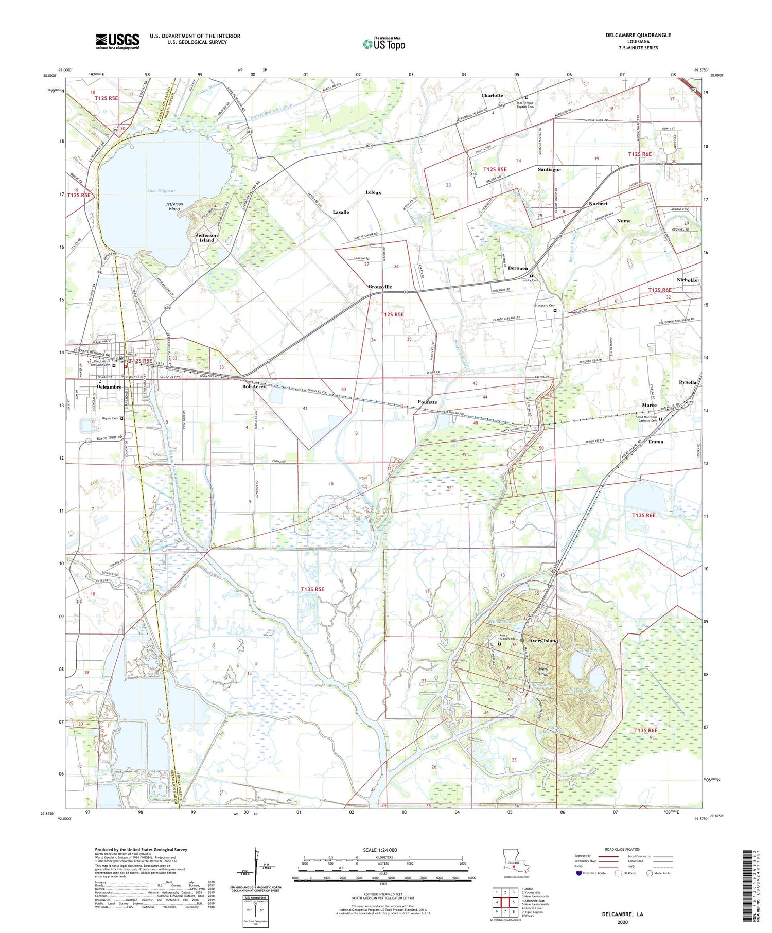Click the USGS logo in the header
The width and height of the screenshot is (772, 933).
click(x=117, y=41)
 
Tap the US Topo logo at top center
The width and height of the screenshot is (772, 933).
click(x=384, y=44)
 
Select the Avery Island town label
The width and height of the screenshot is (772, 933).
click(x=543, y=641)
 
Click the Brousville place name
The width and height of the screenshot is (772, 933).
click(x=380, y=287)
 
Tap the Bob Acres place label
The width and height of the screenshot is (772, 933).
click(x=254, y=386)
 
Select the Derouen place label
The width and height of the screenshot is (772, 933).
click(x=518, y=268)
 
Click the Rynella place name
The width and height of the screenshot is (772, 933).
click(x=687, y=382)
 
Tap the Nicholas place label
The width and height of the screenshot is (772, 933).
click(x=687, y=280)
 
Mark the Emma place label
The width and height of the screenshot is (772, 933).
click(x=656, y=442)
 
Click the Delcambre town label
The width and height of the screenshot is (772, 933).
click(x=109, y=387)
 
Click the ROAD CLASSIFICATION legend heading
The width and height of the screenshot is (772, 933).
click(x=623, y=849)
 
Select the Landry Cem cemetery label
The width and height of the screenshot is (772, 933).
click(x=530, y=280)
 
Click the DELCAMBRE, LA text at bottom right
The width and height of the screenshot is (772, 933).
click(x=623, y=914)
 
